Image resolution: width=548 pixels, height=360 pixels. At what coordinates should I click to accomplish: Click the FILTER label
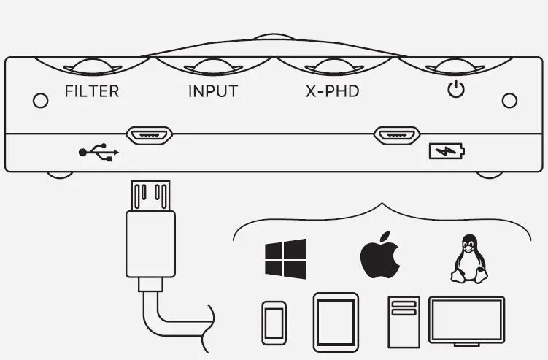tap(91, 92)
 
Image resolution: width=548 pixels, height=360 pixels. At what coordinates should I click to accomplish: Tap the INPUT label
tap(213, 92)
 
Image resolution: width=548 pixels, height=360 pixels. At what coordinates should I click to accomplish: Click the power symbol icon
tap(456, 91)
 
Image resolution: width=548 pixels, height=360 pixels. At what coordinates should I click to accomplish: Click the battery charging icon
tap(445, 152)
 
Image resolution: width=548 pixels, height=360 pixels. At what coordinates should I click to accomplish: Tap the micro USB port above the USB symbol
tap(150, 135)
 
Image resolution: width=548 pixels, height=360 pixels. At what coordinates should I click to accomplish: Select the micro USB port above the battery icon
tap(397, 135)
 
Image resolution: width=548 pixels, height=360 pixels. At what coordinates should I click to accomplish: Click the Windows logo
tap(285, 258)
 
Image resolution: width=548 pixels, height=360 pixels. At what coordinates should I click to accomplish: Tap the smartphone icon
tap(274, 322)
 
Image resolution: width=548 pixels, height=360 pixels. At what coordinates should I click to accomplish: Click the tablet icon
tap(336, 318)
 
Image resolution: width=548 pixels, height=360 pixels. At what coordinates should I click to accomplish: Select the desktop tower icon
tap(404, 321)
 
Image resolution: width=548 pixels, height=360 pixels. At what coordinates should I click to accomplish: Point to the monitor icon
tap(466, 318)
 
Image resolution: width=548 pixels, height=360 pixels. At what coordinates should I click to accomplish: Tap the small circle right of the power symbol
tap(510, 99)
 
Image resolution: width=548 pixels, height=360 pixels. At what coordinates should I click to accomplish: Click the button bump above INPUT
tap(213, 66)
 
